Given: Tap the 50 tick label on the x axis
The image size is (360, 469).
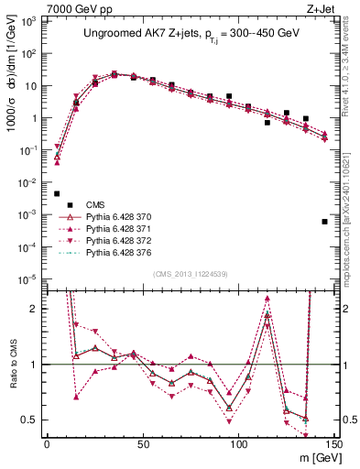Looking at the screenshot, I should point(142,442).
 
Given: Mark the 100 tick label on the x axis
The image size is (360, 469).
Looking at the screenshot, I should point(238,442).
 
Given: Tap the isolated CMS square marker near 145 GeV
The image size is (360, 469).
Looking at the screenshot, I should point(324,222).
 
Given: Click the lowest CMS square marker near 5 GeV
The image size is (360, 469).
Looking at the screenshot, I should point(57,193).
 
